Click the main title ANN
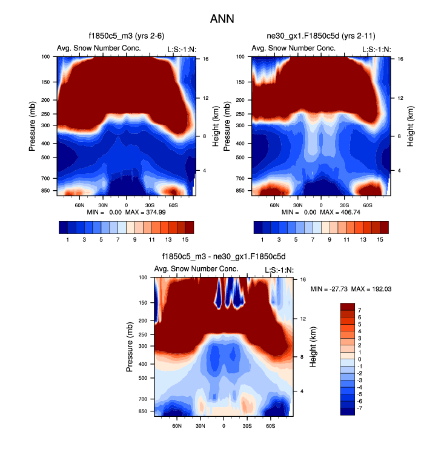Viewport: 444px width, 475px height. click(x=222, y=19)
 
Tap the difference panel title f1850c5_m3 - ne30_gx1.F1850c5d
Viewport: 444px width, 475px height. click(x=224, y=257)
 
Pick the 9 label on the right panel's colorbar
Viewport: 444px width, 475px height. click(x=330, y=239)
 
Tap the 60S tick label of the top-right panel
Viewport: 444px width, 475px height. click(x=367, y=205)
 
